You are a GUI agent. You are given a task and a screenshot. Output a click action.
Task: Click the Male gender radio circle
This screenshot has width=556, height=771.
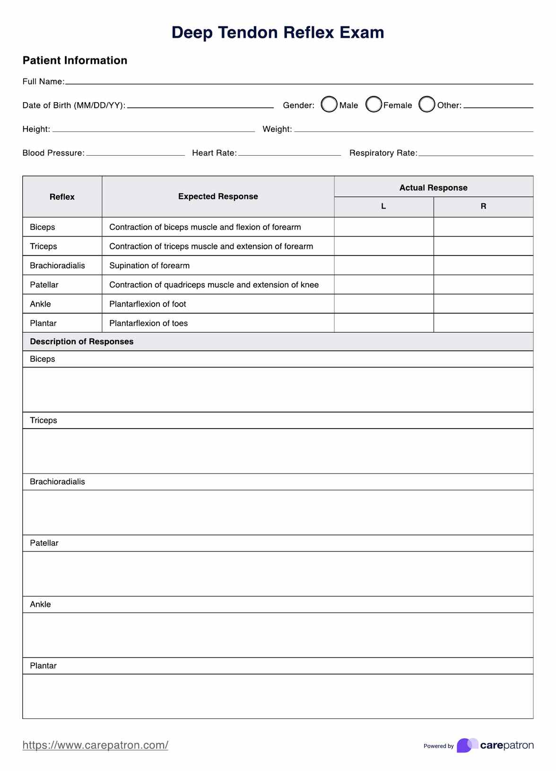click(x=329, y=105)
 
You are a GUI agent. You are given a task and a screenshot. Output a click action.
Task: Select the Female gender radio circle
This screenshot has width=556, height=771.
click(x=374, y=105)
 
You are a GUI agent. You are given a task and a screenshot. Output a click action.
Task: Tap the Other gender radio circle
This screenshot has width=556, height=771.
click(x=426, y=105)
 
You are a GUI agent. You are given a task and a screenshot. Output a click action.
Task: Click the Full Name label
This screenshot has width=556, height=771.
click(x=43, y=81)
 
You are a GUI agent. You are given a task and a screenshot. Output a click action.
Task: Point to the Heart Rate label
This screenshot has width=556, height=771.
click(x=214, y=153)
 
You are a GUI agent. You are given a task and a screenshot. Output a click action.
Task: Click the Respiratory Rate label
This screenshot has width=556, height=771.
click(x=383, y=153)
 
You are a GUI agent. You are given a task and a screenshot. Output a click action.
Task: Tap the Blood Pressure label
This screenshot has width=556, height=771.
click(x=53, y=153)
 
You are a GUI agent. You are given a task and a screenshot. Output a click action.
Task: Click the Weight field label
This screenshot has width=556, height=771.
click(x=277, y=129)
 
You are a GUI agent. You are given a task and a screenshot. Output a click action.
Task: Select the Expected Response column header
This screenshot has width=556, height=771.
click(x=218, y=196)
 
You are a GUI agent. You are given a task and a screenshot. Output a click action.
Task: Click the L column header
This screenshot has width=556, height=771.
click(x=383, y=206)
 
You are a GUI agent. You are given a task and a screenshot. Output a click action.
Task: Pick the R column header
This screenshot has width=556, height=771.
click(x=483, y=206)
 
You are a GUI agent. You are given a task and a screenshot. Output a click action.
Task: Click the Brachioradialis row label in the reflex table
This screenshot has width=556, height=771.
click(x=57, y=265)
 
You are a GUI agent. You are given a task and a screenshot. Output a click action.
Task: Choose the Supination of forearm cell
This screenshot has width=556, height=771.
click(x=149, y=265)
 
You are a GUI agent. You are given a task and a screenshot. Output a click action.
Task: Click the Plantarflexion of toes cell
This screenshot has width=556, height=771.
click(x=148, y=323)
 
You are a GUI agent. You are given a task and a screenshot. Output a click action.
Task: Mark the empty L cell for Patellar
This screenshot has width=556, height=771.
click(x=383, y=285)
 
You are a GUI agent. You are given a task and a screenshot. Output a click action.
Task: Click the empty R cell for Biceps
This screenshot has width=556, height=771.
click(x=483, y=227)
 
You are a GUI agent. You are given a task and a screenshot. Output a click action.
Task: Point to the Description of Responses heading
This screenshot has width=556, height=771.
click(x=82, y=342)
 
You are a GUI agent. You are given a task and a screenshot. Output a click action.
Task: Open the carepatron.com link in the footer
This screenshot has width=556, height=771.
click(x=95, y=745)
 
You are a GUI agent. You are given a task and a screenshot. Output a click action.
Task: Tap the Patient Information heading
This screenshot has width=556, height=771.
click(x=75, y=60)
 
